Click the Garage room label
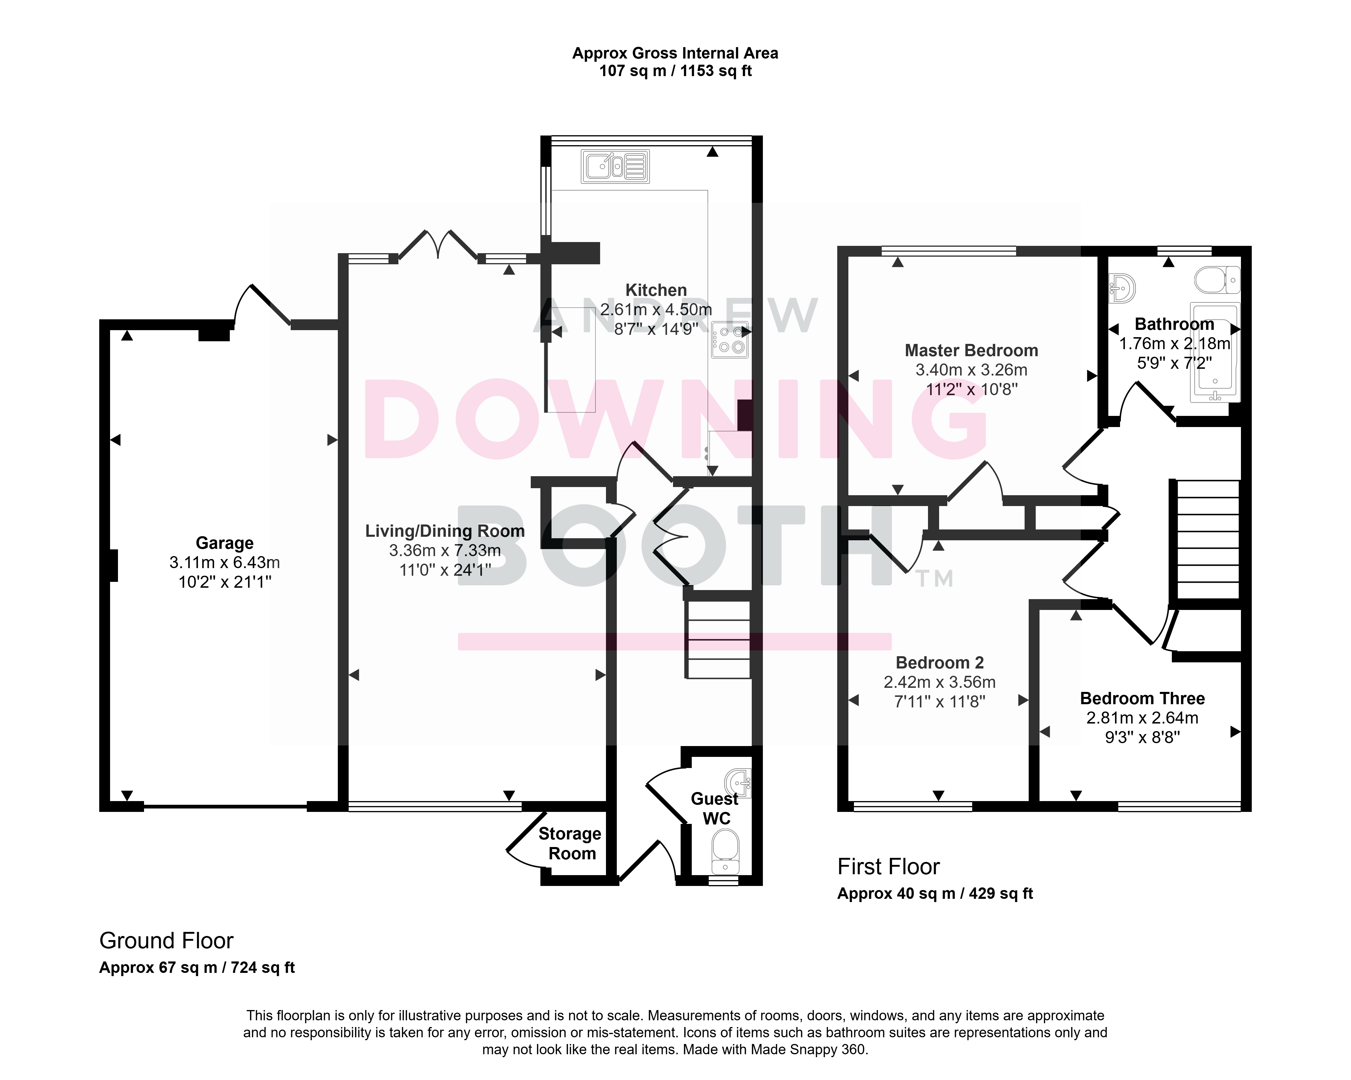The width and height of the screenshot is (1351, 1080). coord(224,543)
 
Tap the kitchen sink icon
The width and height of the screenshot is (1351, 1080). coord(615,166)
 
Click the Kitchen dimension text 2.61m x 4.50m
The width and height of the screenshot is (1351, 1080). coord(656,309)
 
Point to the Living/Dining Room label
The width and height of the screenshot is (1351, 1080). coord(445,531)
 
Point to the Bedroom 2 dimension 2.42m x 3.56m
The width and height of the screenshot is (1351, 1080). coord(939,682)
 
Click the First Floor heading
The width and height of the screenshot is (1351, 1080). coord(888,866)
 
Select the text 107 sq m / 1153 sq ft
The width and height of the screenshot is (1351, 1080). coord(676,71)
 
